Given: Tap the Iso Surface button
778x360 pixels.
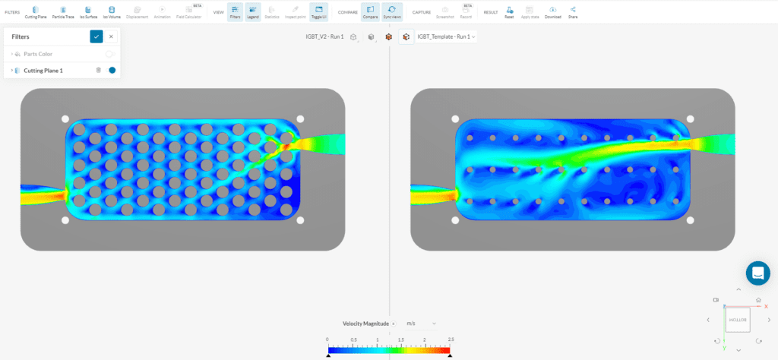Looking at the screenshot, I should pos(88,11).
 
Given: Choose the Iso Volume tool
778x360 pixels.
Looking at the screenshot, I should pos(112,11).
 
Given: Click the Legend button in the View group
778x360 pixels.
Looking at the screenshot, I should pos(254,11).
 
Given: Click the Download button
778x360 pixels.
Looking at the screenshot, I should pos(552,11).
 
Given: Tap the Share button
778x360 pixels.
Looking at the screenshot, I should pos(573,11).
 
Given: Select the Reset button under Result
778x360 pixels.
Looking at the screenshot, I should pos(509,11).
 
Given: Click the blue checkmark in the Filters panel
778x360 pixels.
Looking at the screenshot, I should pos(96,36).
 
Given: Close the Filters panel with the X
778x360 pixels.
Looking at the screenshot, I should pos(111,36).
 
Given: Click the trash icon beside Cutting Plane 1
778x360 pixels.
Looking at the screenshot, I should pos(98,71).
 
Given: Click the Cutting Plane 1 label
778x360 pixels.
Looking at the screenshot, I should pos(49,71).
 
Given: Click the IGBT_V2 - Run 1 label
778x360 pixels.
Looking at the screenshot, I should pos(319,36).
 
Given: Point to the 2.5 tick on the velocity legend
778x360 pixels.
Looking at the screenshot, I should pos(451,340).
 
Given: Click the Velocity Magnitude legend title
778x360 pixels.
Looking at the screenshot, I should pos(366,324).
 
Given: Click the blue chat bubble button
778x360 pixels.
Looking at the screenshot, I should pos(757,273).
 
